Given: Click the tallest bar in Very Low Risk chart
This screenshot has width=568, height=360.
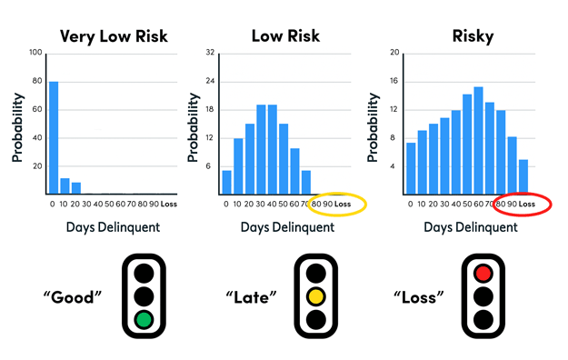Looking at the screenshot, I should click(x=54, y=136).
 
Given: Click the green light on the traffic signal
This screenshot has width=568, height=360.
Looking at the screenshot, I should click(x=143, y=319).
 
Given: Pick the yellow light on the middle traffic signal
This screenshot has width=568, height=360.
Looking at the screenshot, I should click(x=316, y=295).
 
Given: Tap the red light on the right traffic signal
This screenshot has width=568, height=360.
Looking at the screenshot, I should click(x=482, y=272).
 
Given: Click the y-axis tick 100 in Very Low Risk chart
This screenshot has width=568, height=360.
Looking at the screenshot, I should click(x=35, y=53).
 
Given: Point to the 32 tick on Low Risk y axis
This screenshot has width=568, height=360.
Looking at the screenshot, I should click(x=210, y=53).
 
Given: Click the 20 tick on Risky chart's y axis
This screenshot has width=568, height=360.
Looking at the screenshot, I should click(x=394, y=53).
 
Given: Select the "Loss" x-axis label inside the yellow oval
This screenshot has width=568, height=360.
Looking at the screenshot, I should click(x=343, y=204).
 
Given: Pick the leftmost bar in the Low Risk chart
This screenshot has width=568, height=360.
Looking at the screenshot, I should click(x=226, y=182).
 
